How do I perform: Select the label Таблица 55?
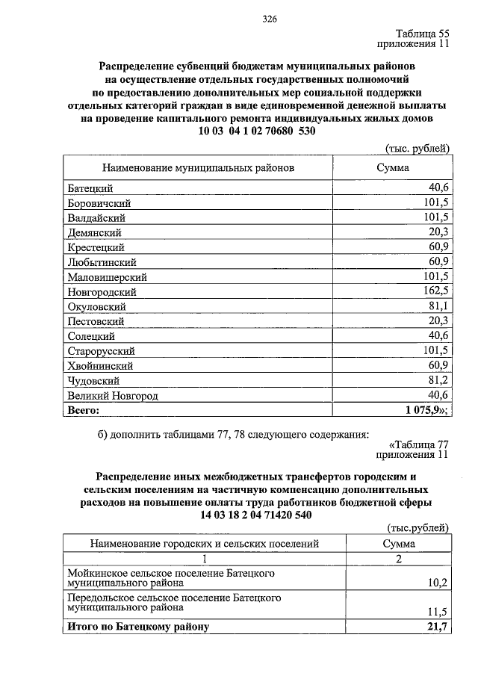423,34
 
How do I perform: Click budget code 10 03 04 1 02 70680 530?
257,131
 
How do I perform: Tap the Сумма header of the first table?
392,168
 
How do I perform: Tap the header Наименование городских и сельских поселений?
205,544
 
